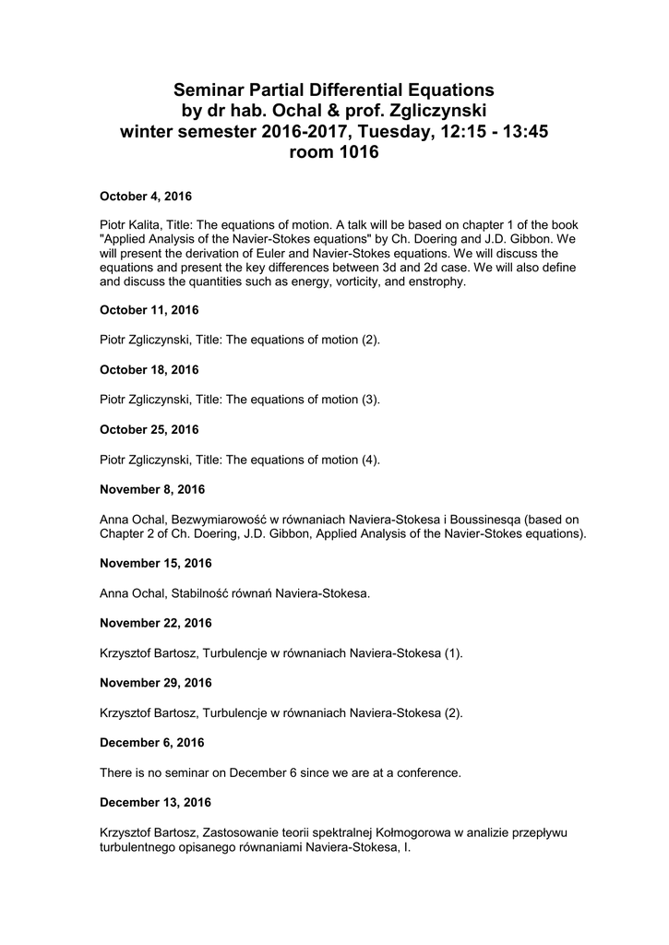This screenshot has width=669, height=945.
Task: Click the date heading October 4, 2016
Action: click(145, 197)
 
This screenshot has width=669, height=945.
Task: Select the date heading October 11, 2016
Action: click(149, 311)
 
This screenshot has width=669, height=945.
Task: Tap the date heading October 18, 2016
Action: click(149, 370)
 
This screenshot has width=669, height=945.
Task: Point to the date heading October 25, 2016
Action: click(149, 429)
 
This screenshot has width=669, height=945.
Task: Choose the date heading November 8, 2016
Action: click(152, 489)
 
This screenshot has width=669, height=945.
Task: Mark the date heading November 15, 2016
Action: click(155, 563)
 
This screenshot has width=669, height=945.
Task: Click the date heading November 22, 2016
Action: click(155, 623)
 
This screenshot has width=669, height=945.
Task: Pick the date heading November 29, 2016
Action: click(155, 683)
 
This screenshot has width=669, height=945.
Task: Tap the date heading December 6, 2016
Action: click(151, 742)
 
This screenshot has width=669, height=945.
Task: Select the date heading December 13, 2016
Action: click(155, 802)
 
